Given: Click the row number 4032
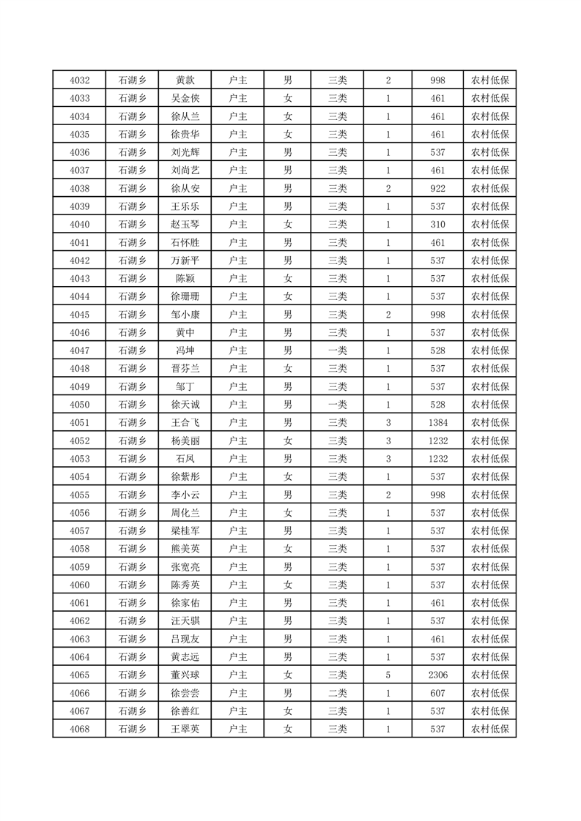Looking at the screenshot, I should (x=79, y=80).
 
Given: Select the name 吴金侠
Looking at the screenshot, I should (x=185, y=98).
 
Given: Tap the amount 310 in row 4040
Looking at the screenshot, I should (x=438, y=224).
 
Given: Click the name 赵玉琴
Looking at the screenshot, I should (x=185, y=224).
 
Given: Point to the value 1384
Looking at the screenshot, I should (x=438, y=422).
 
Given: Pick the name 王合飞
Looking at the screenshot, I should (x=185, y=422).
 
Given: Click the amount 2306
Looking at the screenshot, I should (x=438, y=675).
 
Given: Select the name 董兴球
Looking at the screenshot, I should (x=185, y=675).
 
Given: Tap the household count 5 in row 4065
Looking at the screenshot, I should (x=388, y=675).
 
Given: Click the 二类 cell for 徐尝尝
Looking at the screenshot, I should (x=338, y=693).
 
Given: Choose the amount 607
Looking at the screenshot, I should (x=438, y=693).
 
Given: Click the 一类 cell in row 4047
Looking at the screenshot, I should (x=338, y=350).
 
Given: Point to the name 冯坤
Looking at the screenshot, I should (x=185, y=350).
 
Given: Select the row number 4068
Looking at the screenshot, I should (x=79, y=729).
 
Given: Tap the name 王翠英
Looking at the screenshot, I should (x=185, y=729).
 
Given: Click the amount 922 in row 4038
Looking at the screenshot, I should (x=438, y=188).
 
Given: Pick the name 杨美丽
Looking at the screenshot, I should (x=185, y=441).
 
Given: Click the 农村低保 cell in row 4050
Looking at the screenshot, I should (x=490, y=405).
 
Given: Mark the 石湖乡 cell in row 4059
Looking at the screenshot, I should (x=133, y=566).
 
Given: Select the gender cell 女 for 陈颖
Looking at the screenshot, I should (x=288, y=278).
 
